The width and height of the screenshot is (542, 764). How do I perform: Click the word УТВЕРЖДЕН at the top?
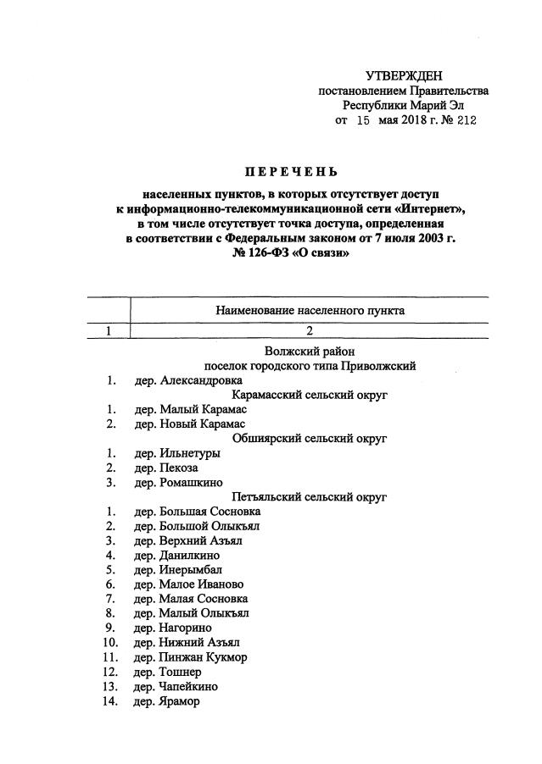tap(404, 76)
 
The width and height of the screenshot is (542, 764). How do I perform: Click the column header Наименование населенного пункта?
tap(308, 311)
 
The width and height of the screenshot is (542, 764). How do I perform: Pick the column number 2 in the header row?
tap(308, 331)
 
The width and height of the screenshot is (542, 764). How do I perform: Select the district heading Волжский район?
tap(308, 352)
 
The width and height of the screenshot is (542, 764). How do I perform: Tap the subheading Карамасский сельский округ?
tap(309, 396)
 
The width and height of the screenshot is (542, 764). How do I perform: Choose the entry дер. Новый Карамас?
tap(190, 424)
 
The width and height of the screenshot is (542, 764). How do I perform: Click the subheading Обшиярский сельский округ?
tap(309, 439)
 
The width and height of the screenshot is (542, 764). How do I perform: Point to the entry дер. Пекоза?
tap(166, 468)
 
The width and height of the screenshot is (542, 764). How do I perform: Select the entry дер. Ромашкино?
tap(175, 483)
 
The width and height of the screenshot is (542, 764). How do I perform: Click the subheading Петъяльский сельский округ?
tap(309, 497)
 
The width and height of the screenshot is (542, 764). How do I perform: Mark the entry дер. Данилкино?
tap(175, 556)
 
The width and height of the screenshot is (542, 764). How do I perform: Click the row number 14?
tap(109, 701)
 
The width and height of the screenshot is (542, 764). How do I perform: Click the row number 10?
tap(109, 643)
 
